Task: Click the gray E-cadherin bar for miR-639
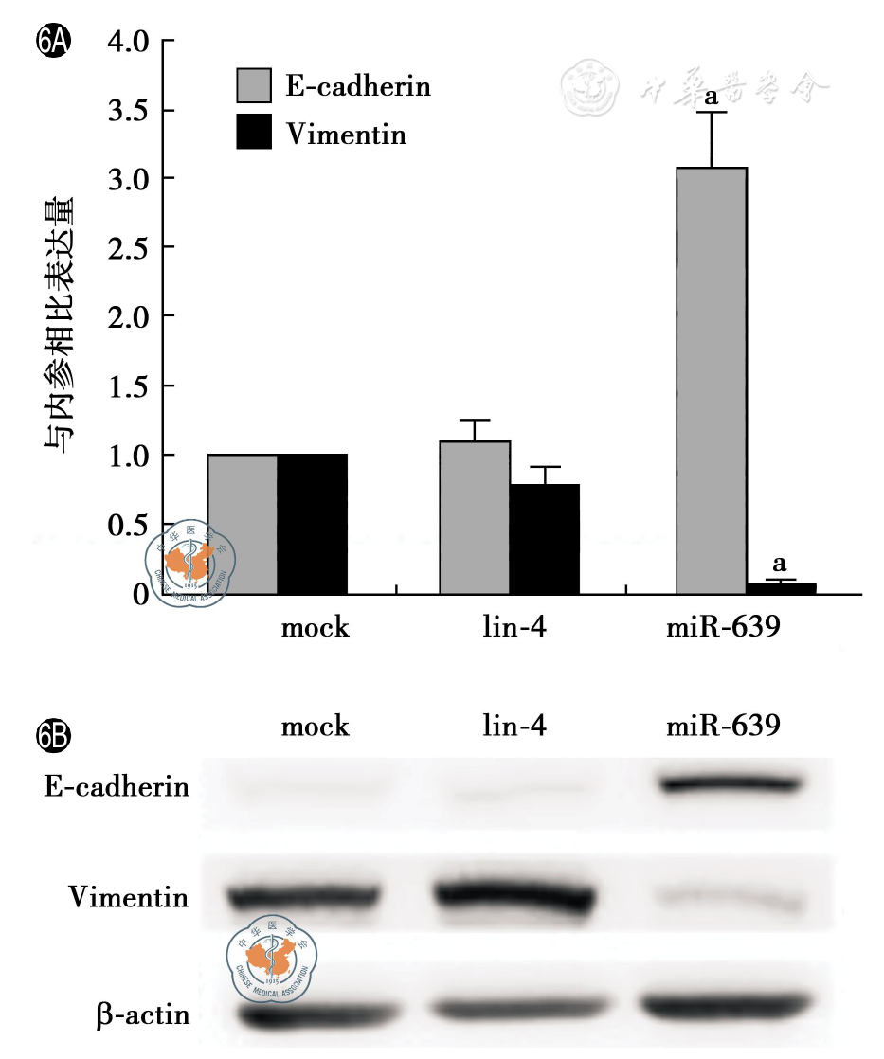711,379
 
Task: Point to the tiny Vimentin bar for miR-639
781,588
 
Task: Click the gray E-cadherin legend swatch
254,85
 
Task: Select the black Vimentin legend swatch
254,132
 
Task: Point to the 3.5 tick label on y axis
129,110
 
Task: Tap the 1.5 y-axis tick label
129,386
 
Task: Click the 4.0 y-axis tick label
129,42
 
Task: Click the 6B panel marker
50,735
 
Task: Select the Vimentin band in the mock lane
303,895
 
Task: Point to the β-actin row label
142,1015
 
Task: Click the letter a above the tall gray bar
711,96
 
